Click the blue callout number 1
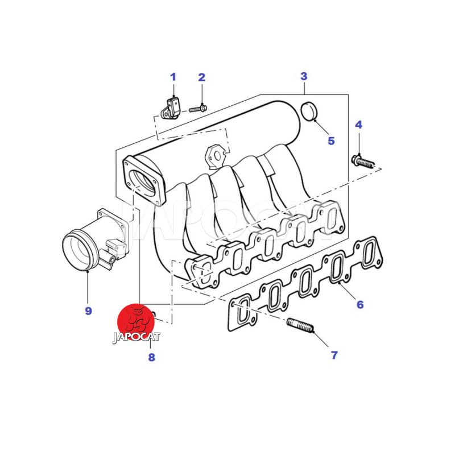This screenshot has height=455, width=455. pos(173,77)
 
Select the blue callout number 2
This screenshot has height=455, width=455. pos(202,77)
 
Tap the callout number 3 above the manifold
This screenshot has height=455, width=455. pos(304,76)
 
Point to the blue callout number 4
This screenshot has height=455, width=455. pos(359,125)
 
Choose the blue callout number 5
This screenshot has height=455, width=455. pos(331,140)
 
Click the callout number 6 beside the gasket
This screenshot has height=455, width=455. pos(360,304)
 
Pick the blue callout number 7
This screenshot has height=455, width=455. pos(334,355)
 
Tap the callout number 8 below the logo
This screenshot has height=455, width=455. pos(151,357)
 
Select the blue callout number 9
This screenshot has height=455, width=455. pos(89,311)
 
